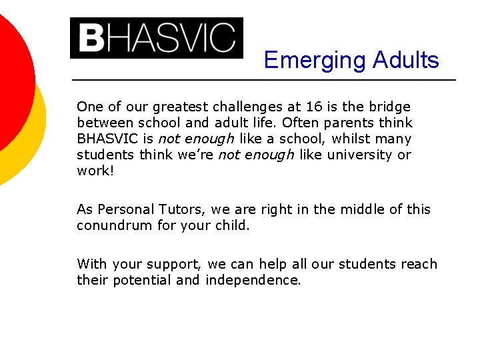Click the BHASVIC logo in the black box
tap(157, 38)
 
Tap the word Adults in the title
tap(406, 60)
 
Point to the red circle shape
tap(10, 73)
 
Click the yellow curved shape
tap(33, 140)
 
